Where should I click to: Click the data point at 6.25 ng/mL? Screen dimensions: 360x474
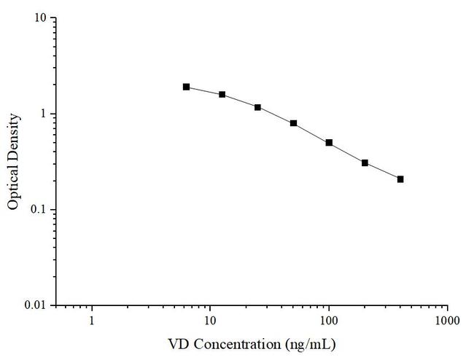pos(186,87)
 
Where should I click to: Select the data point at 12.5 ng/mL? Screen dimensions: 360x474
pos(222,95)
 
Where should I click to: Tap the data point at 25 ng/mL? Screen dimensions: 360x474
pos(257,107)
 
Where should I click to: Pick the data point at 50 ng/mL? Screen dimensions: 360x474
pos(293,123)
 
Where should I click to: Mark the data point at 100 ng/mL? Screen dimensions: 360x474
pos(329,143)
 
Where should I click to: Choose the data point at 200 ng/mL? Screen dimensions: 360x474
pos(365,163)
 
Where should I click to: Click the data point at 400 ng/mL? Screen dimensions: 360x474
pos(400,179)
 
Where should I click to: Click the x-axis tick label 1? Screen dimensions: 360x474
pos(92,320)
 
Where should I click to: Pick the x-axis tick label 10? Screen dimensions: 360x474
pos(211,320)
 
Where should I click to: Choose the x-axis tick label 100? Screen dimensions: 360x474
pos(329,320)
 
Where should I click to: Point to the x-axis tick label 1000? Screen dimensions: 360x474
pos(447,320)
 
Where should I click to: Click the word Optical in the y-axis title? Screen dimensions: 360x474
pos(13,188)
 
